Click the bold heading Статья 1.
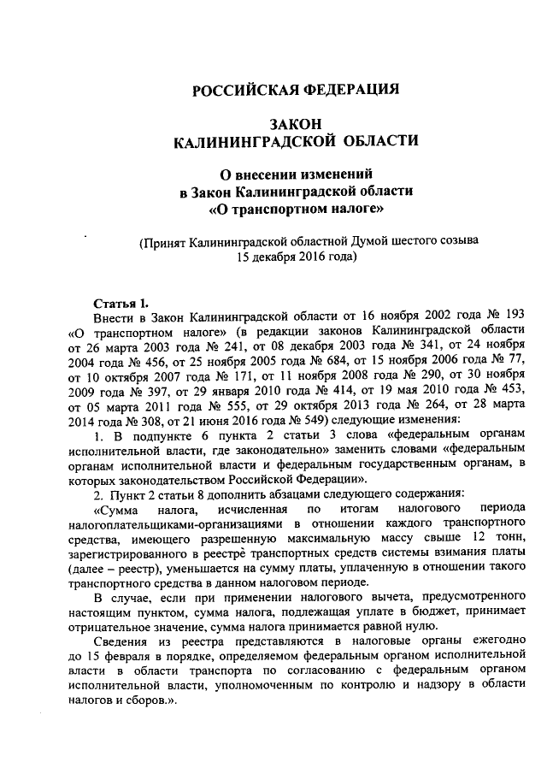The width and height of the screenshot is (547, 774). click(120, 301)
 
